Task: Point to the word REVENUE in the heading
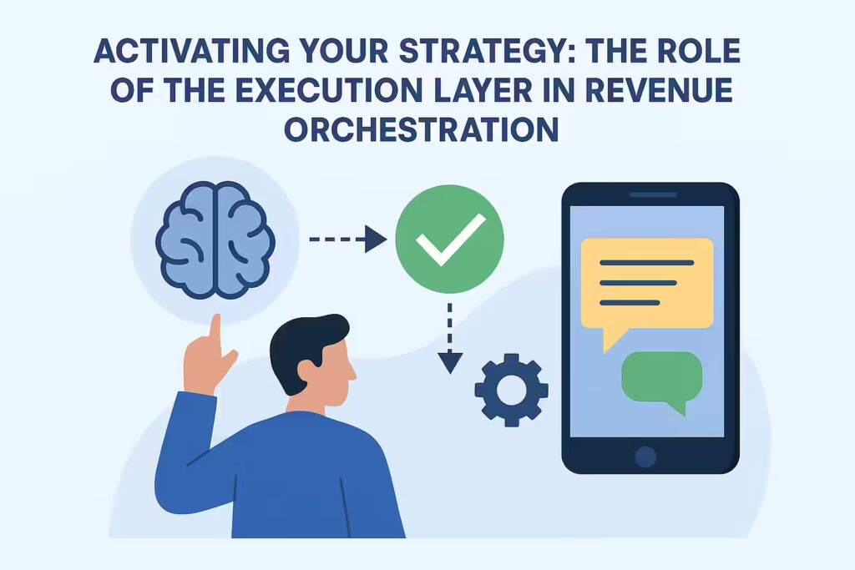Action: point(659,90)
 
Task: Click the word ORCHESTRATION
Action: point(422,129)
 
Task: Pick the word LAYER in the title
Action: point(483,90)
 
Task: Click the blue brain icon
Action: point(215,240)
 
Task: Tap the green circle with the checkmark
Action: point(449,239)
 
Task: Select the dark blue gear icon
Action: point(512,390)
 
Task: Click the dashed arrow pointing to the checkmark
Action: point(348,240)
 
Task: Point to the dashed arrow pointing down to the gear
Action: point(450,338)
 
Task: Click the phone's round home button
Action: point(645,457)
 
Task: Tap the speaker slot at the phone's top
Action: point(653,194)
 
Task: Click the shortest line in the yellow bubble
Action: point(630,303)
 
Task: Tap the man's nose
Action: point(352,371)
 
